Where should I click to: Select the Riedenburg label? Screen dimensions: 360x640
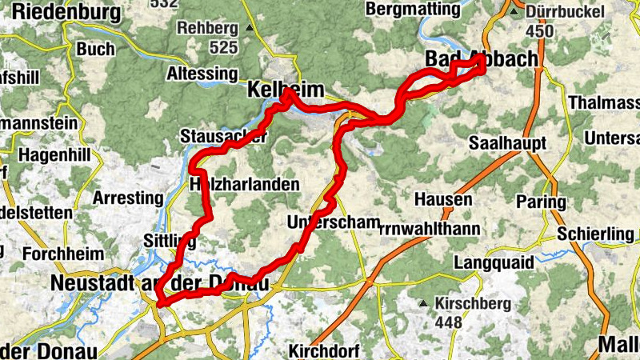tap(67, 12)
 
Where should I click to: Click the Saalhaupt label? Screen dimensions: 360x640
tap(507, 143)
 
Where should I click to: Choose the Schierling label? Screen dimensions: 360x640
tap(597, 233)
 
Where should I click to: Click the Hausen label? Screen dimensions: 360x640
tap(443, 198)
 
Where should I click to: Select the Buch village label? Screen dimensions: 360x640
tap(96, 49)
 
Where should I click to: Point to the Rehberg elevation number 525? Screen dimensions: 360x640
tap(224, 48)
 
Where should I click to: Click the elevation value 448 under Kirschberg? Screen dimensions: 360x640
tap(449, 322)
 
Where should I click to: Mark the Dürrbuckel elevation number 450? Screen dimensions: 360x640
tap(541, 31)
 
